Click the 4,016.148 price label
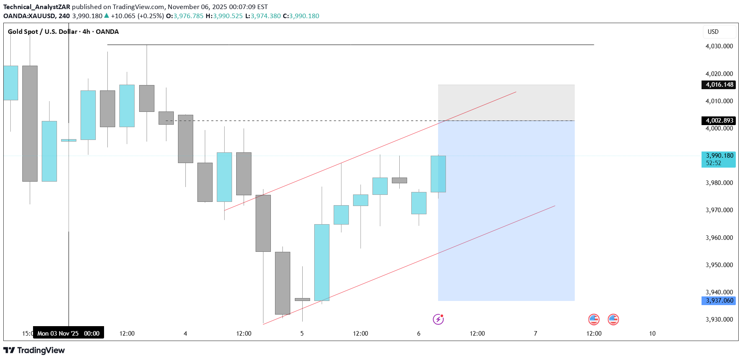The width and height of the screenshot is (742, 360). click(719, 85)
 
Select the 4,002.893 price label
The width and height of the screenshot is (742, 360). click(719, 121)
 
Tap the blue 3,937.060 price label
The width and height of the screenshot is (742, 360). click(719, 301)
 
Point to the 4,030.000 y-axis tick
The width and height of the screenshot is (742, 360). click(719, 46)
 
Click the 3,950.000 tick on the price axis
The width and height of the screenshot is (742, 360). click(719, 265)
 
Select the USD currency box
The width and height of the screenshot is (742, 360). click(719, 32)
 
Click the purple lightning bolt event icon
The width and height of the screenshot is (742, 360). click(438, 319)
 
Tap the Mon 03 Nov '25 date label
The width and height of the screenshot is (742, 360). click(69, 333)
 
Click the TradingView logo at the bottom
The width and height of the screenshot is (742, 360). click(34, 351)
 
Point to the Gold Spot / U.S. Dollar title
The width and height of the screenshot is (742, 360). click(63, 32)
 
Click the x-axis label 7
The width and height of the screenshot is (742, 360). click(536, 334)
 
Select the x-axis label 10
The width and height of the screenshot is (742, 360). click(652, 334)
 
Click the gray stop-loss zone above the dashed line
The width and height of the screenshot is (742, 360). click(506, 102)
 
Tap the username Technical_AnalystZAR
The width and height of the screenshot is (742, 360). click(37, 7)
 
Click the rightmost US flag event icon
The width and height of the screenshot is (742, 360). click(613, 319)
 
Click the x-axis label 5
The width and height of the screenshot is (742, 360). click(302, 334)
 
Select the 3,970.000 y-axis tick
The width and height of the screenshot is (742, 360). click(719, 210)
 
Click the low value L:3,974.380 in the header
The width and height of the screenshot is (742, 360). click(263, 16)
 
